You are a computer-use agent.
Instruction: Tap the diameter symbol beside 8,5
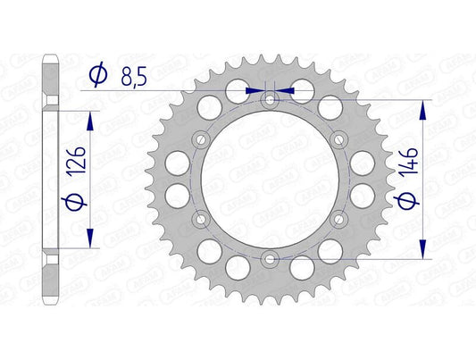(x=97, y=78)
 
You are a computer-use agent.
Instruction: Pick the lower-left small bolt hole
(x=200, y=220)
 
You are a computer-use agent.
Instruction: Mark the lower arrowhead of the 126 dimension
(x=89, y=242)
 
